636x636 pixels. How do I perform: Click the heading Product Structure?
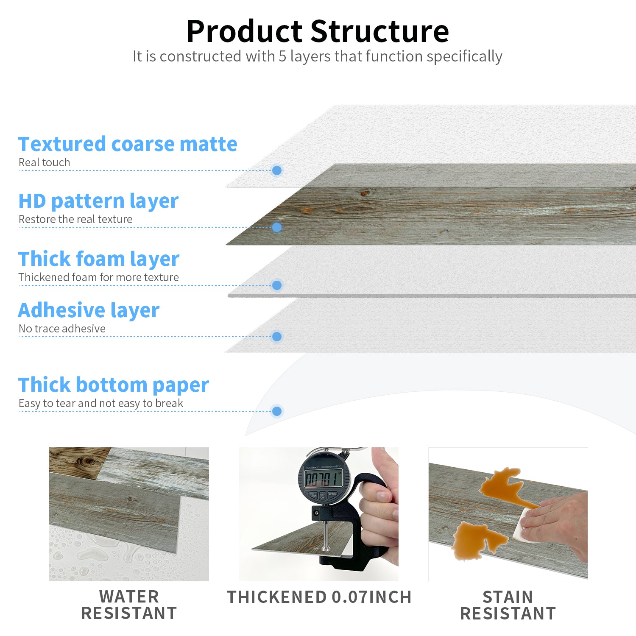(318, 31)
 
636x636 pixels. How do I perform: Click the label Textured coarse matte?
(128, 144)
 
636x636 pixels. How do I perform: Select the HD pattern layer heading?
(98, 201)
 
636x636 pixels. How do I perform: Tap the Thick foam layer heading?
(99, 259)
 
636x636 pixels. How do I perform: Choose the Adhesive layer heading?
(89, 311)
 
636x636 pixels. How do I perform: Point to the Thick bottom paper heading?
(114, 385)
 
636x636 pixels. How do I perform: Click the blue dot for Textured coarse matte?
(277, 170)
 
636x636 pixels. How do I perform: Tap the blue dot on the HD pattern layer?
(277, 227)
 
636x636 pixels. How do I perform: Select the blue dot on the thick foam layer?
(277, 285)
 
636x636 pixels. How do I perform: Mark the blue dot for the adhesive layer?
(277, 337)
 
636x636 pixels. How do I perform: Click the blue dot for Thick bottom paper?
(277, 411)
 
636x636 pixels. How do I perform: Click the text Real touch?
(44, 162)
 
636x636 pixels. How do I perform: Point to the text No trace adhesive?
(62, 329)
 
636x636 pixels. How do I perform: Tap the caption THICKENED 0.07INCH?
(319, 597)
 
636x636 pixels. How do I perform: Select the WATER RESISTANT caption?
(129, 605)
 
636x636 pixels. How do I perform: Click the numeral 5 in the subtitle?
(282, 56)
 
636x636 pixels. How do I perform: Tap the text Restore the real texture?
(75, 219)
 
